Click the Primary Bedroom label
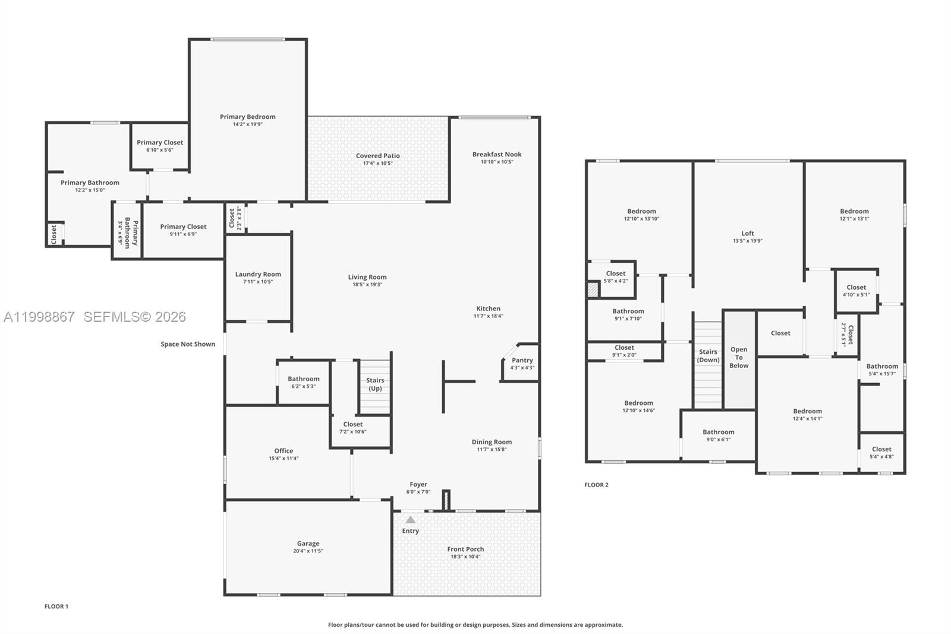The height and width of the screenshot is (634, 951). (247, 117)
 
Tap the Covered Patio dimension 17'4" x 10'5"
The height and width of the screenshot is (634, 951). (377, 163)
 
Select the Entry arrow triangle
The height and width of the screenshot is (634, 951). (410, 520)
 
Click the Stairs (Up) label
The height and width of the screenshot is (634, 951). (375, 384)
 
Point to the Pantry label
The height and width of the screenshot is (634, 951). (522, 360)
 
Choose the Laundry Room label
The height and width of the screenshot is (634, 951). (258, 274)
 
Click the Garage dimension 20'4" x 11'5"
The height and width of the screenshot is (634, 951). (308, 551)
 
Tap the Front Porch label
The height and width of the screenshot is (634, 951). (465, 549)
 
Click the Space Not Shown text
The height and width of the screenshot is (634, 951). (188, 344)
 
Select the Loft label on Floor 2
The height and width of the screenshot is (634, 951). (748, 233)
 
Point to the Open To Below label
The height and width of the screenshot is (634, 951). (739, 357)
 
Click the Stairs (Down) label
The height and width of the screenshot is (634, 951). (708, 356)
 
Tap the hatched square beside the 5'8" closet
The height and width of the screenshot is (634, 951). (593, 289)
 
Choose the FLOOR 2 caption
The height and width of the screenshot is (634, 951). (596, 485)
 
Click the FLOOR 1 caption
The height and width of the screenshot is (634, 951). (56, 607)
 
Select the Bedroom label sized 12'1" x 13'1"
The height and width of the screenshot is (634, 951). (854, 211)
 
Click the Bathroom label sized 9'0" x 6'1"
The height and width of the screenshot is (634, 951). (718, 432)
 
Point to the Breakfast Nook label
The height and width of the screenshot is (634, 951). (497, 154)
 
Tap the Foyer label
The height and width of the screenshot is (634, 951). (418, 484)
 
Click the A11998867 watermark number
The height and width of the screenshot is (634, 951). (39, 317)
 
